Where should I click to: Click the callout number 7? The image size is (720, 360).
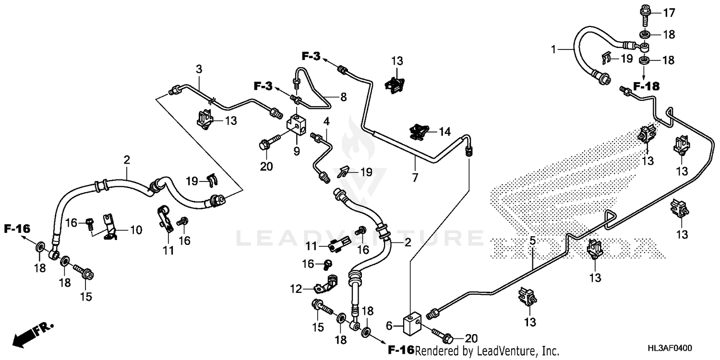(415, 178)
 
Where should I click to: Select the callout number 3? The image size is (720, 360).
(199, 68)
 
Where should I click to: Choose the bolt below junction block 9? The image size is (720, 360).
(269, 143)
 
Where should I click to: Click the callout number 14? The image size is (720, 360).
(445, 131)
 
